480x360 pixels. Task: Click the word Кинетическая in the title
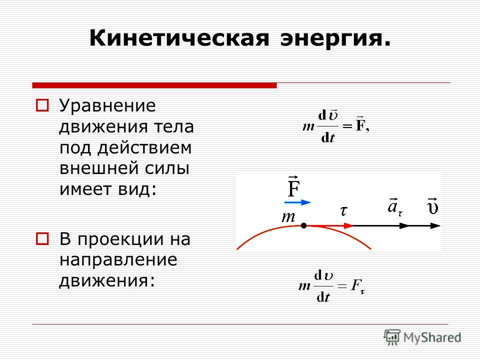point(179,38)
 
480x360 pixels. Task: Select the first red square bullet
point(42,105)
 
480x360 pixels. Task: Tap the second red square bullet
point(42,239)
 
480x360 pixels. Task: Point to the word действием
point(144,148)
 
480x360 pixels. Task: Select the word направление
point(118,260)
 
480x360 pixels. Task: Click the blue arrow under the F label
point(297,202)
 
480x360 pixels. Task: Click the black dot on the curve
point(303,225)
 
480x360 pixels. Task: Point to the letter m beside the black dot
point(288,216)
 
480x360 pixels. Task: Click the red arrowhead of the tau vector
point(348,225)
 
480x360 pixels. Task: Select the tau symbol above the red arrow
point(344,210)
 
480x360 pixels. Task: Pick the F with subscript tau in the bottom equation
point(357,286)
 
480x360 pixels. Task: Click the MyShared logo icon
point(392,337)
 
